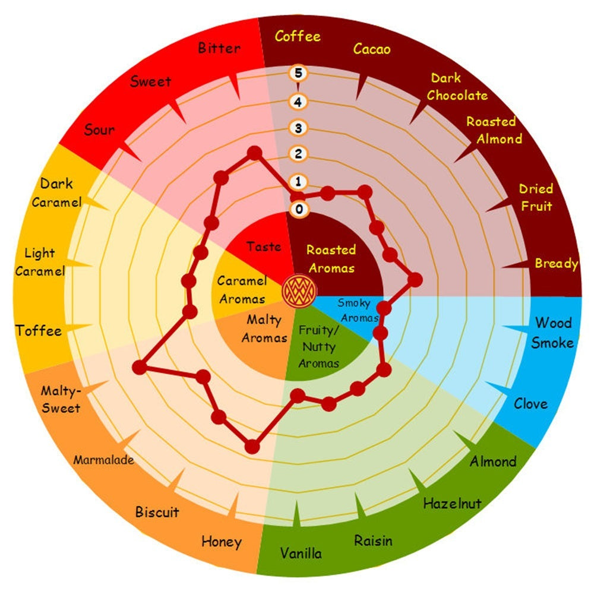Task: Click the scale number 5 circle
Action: coord(298,72)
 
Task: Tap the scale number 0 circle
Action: coord(299,208)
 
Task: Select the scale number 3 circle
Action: coord(298,128)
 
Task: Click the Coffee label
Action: coord(298,36)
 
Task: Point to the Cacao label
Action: coord(372,49)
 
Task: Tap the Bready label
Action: coord(557,264)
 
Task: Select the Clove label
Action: coord(530,404)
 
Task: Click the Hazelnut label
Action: coord(452,504)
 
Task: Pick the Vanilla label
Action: coord(301,554)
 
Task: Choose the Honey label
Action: coord(222,542)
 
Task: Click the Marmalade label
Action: coord(103,460)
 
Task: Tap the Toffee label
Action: coord(38,331)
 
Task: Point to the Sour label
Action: coord(99,130)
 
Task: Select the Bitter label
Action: coord(219,48)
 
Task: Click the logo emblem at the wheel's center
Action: coord(299,291)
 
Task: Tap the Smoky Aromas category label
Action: coord(358,310)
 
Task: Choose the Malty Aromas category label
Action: coord(264,328)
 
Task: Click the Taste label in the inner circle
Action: coord(264,247)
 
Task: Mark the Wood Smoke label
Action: coord(552,333)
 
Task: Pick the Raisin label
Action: coord(373,541)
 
